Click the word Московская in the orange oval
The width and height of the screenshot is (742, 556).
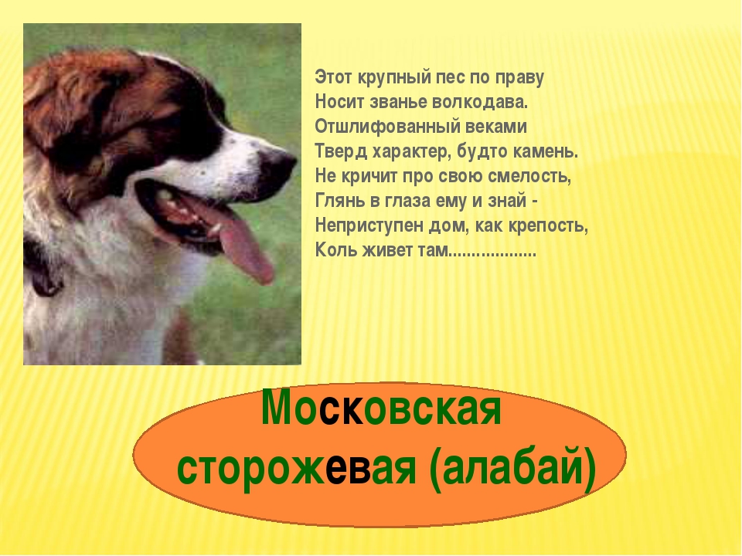pos(381,409)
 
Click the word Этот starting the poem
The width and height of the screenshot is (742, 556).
pos(334,77)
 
